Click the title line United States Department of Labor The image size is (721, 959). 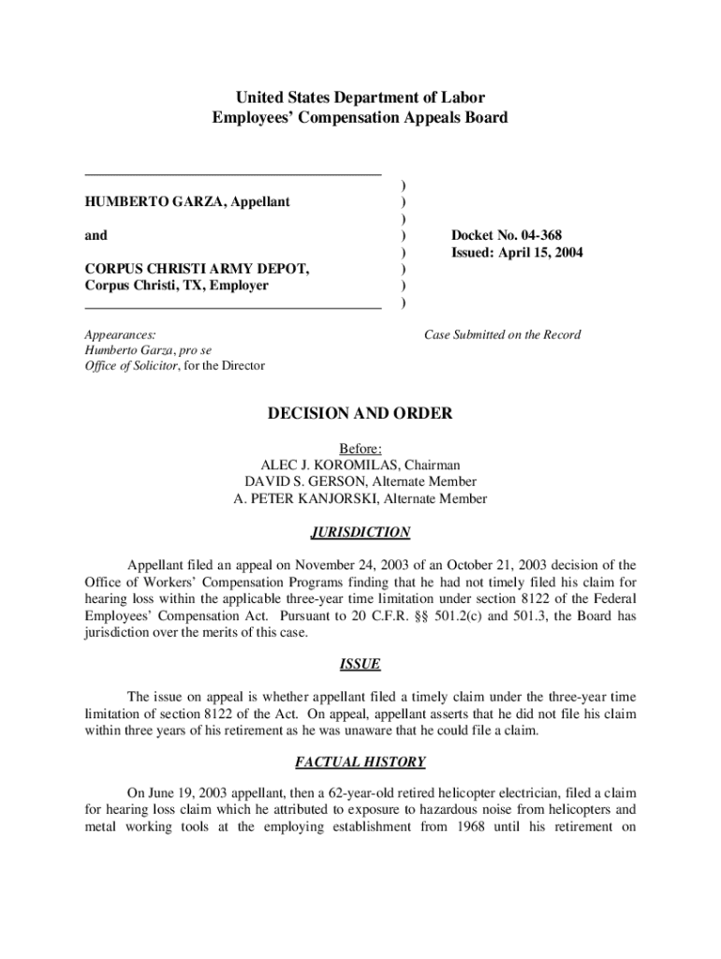click(x=360, y=97)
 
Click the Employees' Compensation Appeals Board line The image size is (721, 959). click(x=360, y=118)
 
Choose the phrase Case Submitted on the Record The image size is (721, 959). click(x=502, y=334)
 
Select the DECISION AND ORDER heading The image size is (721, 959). click(x=360, y=413)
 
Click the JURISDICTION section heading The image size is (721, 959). click(x=360, y=532)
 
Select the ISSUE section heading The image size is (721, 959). click(x=360, y=664)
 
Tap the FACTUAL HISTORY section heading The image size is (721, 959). click(x=360, y=761)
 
